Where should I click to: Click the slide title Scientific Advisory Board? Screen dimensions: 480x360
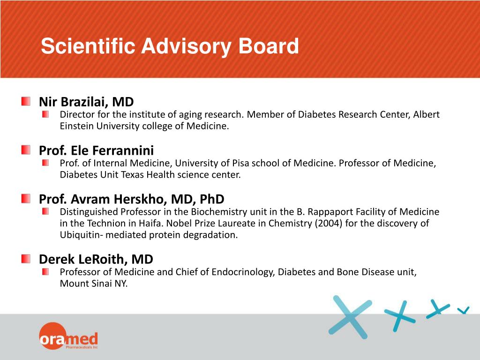[170, 46]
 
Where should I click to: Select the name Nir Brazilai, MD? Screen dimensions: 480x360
[86, 102]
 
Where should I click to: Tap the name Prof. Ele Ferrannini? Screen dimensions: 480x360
[96, 150]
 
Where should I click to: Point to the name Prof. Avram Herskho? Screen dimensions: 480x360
[103, 199]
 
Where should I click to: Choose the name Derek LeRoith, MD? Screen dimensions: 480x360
[96, 259]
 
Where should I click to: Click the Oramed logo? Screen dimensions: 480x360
[68, 336]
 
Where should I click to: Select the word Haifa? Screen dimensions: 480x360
[151, 223]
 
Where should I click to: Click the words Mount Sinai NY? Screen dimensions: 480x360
[94, 284]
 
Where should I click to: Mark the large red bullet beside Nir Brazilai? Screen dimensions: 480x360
[26, 101]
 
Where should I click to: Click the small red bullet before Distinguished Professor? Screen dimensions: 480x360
[45, 211]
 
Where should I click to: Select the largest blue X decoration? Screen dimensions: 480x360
[350, 317]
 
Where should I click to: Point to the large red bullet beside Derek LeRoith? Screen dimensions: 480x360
[26, 259]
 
